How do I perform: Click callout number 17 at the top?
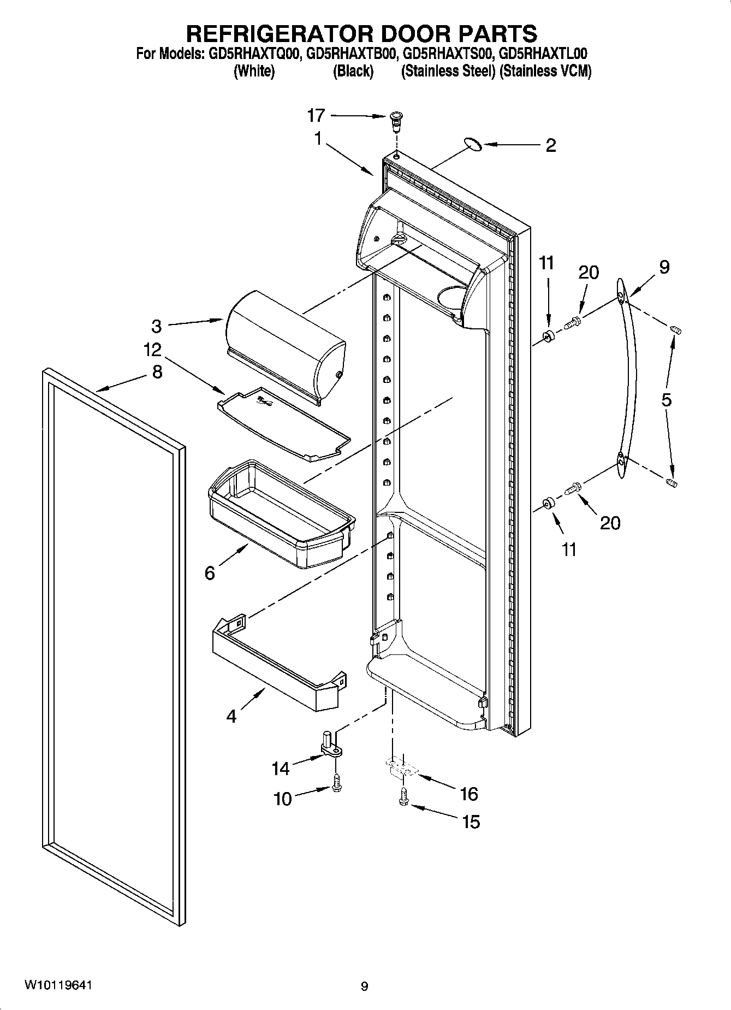[x=316, y=115]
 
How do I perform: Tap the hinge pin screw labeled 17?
[x=396, y=121]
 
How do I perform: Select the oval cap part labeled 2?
[x=472, y=144]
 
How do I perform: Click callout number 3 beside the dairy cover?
[x=157, y=327]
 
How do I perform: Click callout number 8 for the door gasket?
[x=157, y=373]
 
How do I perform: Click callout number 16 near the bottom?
[x=469, y=794]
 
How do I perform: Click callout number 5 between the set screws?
[x=666, y=400]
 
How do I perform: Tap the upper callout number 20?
[x=589, y=272]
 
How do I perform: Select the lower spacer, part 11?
[x=549, y=503]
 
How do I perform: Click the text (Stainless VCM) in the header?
[x=545, y=72]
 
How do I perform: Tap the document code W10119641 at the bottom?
[x=58, y=985]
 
